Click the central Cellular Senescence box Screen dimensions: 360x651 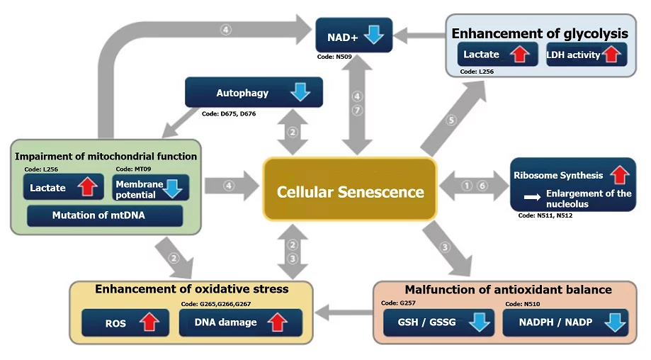pyautogui.click(x=350, y=192)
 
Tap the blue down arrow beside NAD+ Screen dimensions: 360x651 pyautogui.click(x=374, y=35)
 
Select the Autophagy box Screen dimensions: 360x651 pyautogui.click(x=254, y=93)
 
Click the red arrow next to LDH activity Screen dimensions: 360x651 pyautogui.click(x=611, y=55)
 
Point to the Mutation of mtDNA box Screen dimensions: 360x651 pyautogui.click(x=105, y=215)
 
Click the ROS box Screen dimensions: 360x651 pyautogui.click(x=125, y=322)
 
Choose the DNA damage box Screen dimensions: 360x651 pyautogui.click(x=240, y=322)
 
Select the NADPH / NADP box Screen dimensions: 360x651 pyautogui.click(x=565, y=322)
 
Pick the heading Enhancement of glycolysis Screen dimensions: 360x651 pyautogui.click(x=540, y=33)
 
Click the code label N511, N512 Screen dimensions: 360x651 pyautogui.click(x=545, y=215)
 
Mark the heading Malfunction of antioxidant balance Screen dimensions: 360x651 pyautogui.click(x=508, y=289)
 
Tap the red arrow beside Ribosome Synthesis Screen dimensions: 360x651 pyautogui.click(x=618, y=174)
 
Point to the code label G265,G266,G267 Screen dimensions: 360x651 pyautogui.click(x=216, y=303)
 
